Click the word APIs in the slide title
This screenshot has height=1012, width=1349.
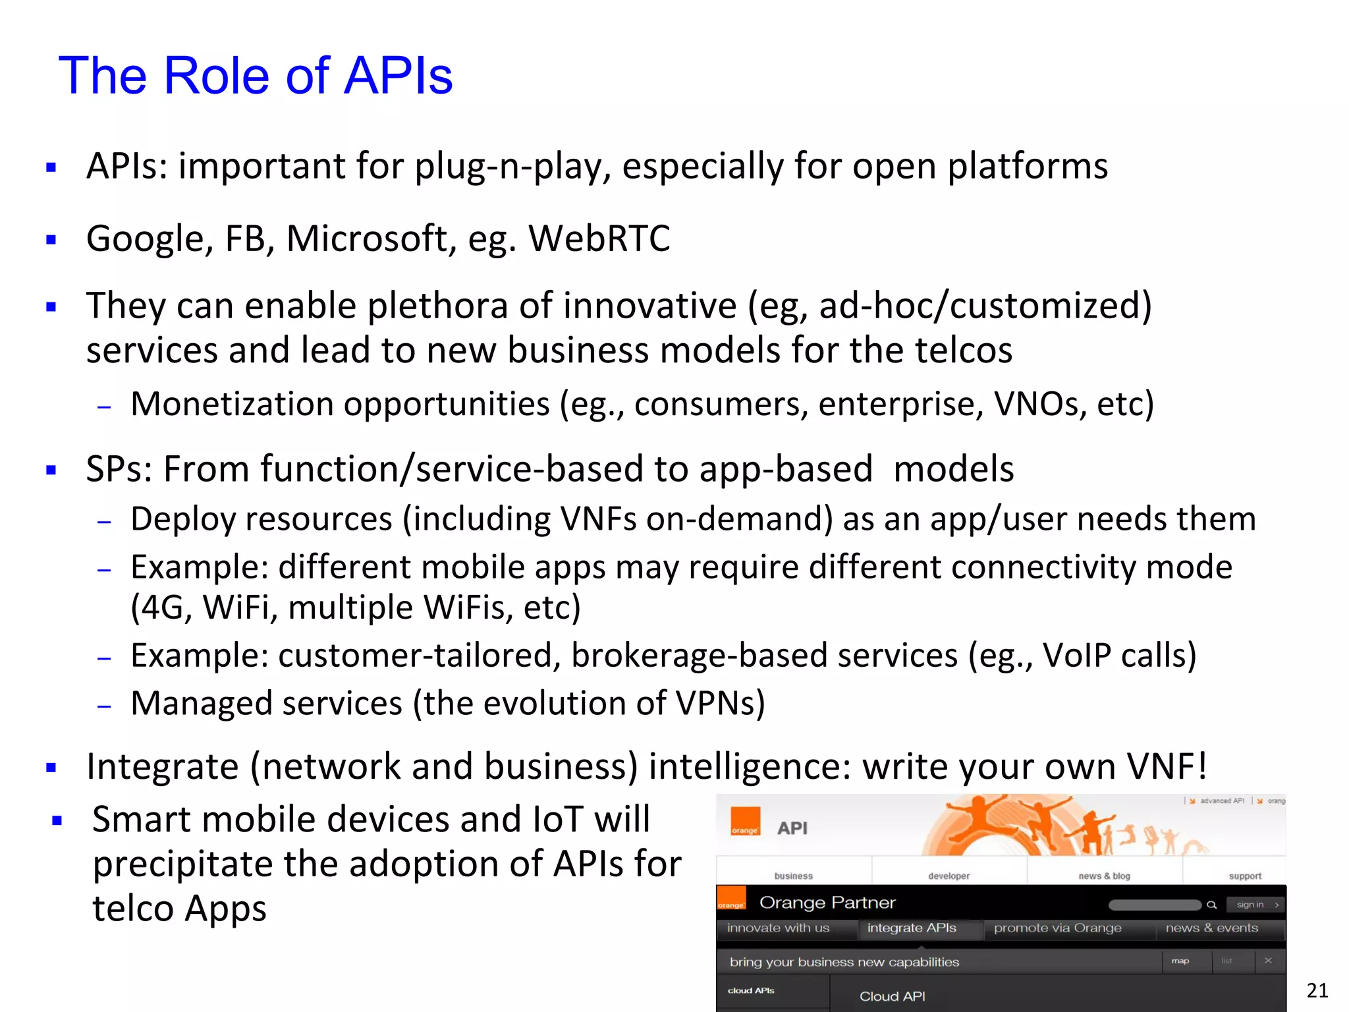(x=398, y=75)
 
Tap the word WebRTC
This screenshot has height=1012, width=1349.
(x=599, y=239)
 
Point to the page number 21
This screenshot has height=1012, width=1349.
(x=1317, y=990)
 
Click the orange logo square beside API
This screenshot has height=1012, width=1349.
(x=745, y=822)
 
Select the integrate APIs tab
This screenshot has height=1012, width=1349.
(x=912, y=928)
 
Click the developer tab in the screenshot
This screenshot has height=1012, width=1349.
(x=949, y=876)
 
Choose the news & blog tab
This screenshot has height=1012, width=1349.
(x=1104, y=876)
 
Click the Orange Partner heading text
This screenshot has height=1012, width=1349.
(x=827, y=903)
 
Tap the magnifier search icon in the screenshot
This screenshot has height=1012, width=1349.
(x=1211, y=905)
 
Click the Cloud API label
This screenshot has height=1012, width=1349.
(x=892, y=996)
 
